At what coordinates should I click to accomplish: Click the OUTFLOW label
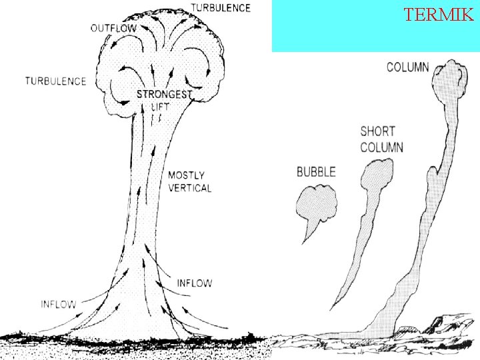[113, 28]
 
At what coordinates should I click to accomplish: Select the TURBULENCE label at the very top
[221, 8]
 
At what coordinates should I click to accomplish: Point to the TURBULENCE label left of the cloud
[56, 81]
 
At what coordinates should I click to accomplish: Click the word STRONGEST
[163, 95]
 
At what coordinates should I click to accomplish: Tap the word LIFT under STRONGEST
[161, 106]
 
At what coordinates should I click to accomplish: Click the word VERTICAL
[190, 188]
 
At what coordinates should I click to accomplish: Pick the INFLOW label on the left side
[59, 304]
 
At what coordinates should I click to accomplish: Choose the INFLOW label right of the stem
[195, 283]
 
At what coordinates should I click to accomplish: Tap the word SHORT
[378, 131]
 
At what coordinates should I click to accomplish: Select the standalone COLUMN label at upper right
[408, 67]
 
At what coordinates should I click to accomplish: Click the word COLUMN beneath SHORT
[381, 147]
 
